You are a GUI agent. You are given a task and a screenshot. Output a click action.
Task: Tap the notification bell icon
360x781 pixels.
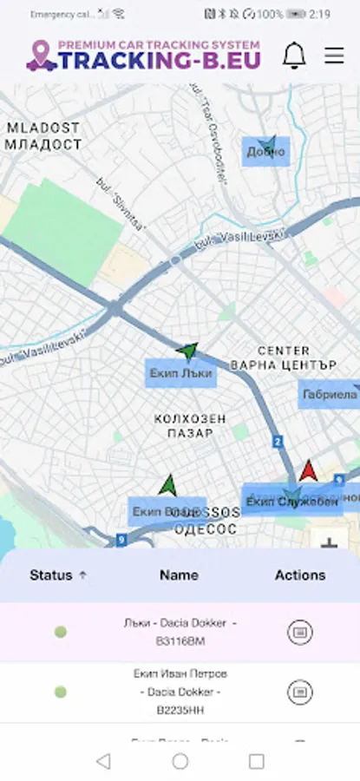click(x=294, y=56)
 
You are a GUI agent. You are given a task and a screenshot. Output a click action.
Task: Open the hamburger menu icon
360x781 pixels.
click(x=334, y=56)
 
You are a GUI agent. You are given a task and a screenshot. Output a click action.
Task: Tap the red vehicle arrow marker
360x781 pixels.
click(x=308, y=471)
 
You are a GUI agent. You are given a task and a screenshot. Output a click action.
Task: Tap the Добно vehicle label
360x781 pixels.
click(x=265, y=153)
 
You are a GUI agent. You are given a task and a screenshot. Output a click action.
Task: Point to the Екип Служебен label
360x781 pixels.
click(x=291, y=502)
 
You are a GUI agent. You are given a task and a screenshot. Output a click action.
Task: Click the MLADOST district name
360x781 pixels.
click(x=43, y=128)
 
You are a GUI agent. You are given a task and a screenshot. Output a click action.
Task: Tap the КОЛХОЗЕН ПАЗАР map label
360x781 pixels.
click(x=190, y=425)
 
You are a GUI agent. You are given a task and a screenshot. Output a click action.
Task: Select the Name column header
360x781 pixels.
click(x=179, y=574)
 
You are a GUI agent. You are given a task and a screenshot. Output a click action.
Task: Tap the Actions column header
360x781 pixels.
click(x=300, y=574)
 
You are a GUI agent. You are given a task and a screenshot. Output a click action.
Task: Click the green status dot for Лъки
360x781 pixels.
click(x=60, y=632)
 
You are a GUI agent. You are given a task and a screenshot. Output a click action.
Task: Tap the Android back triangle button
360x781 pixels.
click(x=103, y=761)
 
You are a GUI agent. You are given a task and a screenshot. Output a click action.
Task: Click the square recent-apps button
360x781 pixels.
click(x=257, y=761)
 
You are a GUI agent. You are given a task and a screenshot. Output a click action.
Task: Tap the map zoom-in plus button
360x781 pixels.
click(x=329, y=544)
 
